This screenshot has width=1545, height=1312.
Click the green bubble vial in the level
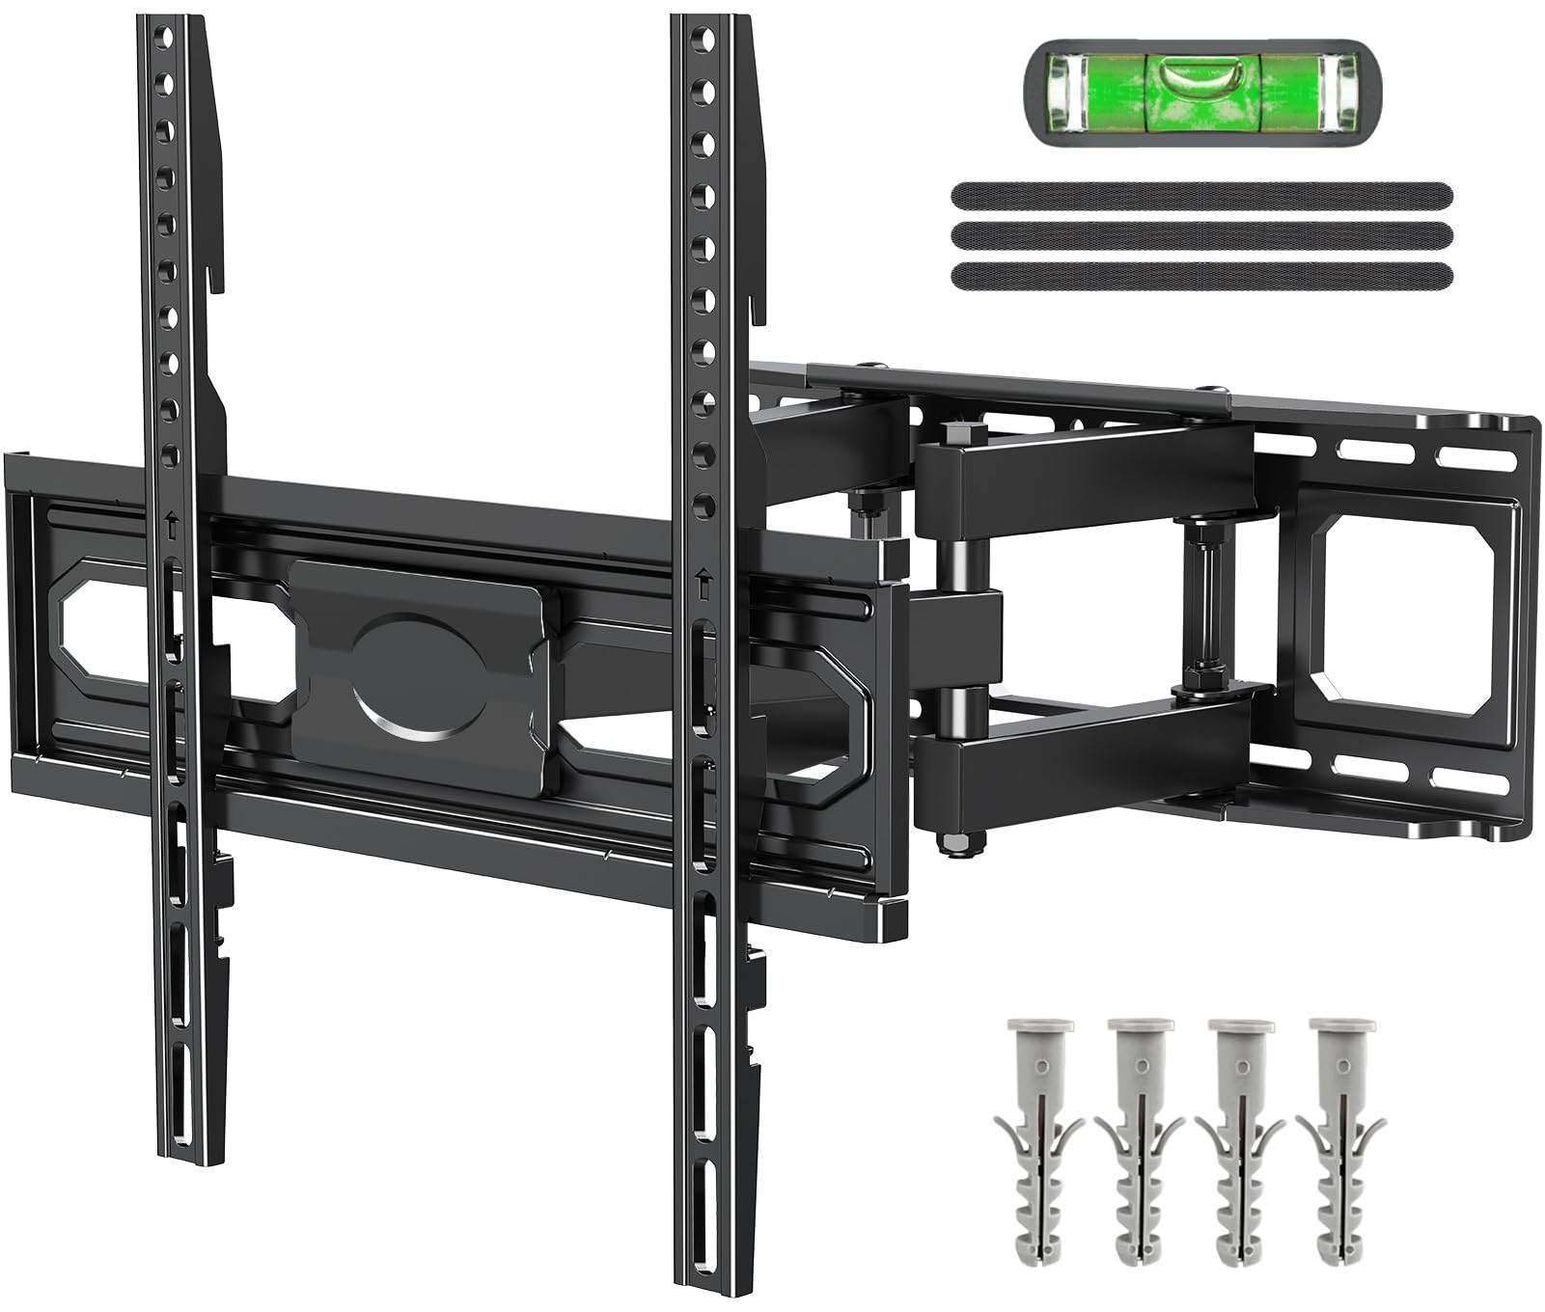pyautogui.click(x=1200, y=92)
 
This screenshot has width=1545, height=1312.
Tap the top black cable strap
pyautogui.click(x=1201, y=195)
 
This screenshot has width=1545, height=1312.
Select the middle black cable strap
pyautogui.click(x=1201, y=234)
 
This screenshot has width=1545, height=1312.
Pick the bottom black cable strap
pyautogui.click(x=1201, y=275)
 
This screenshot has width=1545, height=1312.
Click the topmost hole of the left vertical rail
pyautogui.click(x=165, y=40)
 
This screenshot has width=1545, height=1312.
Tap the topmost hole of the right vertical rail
pyautogui.click(x=704, y=40)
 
